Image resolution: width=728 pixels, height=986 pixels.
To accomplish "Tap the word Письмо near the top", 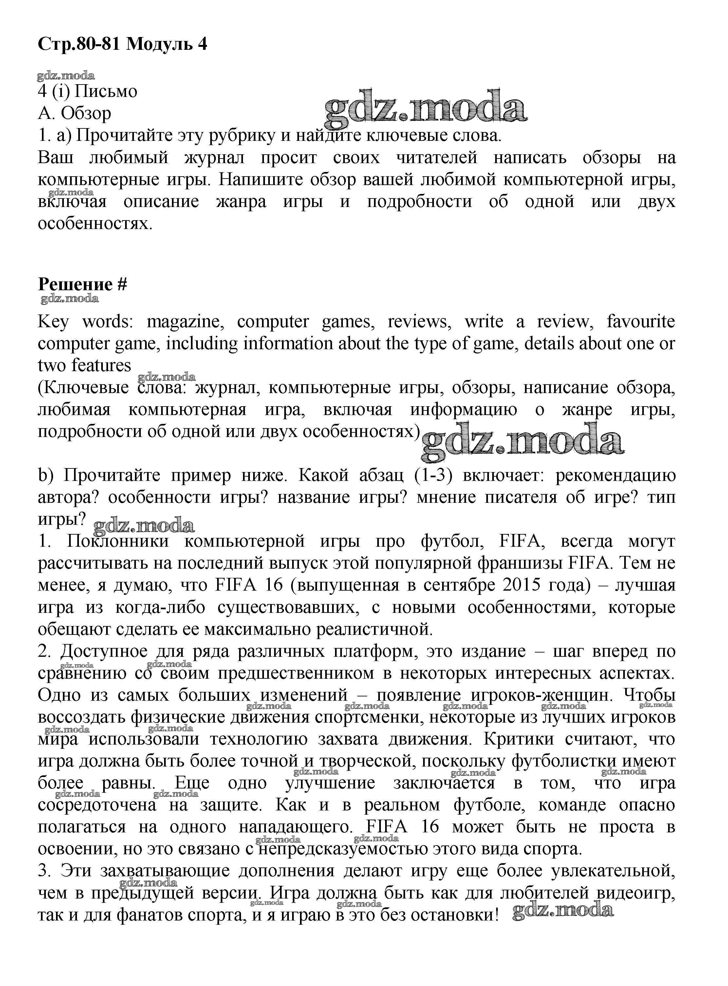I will pyautogui.click(x=106, y=92).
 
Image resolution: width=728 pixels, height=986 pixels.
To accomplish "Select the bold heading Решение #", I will pyautogui.click(x=83, y=284).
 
